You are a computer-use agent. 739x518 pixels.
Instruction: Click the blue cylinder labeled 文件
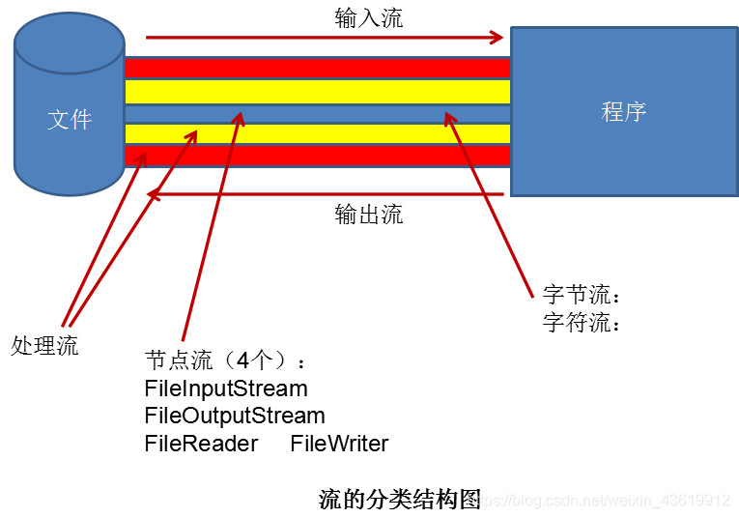coord(70,106)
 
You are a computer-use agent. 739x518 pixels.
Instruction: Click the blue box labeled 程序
coord(623,111)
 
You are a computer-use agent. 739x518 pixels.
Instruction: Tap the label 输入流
coord(369,16)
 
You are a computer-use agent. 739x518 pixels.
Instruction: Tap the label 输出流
coord(369,214)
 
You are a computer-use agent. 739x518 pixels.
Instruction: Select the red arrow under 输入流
coord(325,38)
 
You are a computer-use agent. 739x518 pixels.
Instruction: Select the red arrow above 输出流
coord(325,194)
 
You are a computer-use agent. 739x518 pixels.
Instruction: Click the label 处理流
coord(44,345)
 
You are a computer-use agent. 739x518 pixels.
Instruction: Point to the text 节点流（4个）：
coord(226,361)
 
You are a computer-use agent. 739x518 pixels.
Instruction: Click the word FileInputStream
coord(226,388)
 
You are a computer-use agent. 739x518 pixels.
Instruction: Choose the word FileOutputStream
coord(235,416)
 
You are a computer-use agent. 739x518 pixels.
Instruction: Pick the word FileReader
coord(201,444)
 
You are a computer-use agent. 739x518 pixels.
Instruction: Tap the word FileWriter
coord(339,444)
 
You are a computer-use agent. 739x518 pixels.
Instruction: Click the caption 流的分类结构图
coord(400,499)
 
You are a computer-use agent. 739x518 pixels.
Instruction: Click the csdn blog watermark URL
coord(609,501)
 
